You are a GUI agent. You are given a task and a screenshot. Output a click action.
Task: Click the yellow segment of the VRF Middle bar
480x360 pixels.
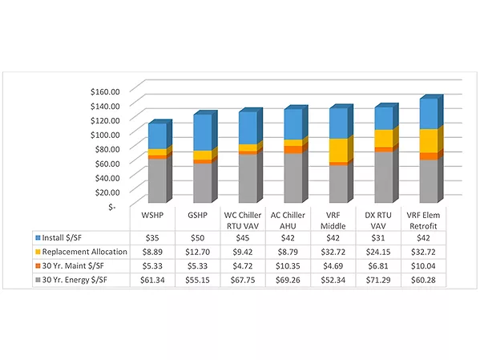[338, 150]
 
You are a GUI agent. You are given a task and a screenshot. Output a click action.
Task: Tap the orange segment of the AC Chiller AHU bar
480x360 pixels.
[293, 149]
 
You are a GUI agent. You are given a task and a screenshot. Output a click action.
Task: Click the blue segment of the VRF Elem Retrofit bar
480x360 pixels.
[429, 114]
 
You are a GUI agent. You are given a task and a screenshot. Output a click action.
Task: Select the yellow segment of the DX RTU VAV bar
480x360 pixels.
[384, 139]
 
